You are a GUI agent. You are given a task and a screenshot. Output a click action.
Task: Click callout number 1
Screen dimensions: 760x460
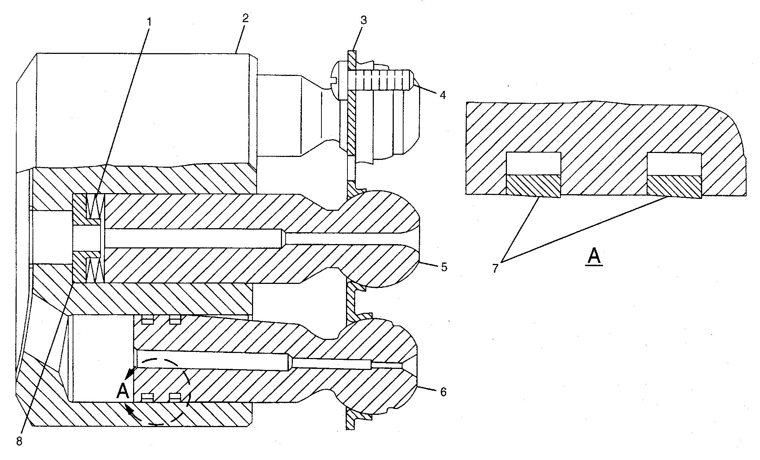(149, 22)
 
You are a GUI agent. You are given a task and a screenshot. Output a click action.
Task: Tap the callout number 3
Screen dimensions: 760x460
(363, 20)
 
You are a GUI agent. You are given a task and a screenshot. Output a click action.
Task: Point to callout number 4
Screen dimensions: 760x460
(443, 95)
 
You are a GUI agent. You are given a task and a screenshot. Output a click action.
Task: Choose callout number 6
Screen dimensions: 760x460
(443, 392)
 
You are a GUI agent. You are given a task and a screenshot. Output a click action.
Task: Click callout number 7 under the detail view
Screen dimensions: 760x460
(495, 268)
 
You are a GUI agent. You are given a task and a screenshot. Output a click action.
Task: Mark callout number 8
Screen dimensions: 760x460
(19, 442)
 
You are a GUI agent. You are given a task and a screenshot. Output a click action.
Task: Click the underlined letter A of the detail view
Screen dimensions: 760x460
(594, 257)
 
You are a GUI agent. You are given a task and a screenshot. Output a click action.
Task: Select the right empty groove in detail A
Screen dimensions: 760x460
(675, 164)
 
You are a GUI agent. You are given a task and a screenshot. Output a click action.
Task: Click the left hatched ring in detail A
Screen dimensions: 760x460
(533, 186)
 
